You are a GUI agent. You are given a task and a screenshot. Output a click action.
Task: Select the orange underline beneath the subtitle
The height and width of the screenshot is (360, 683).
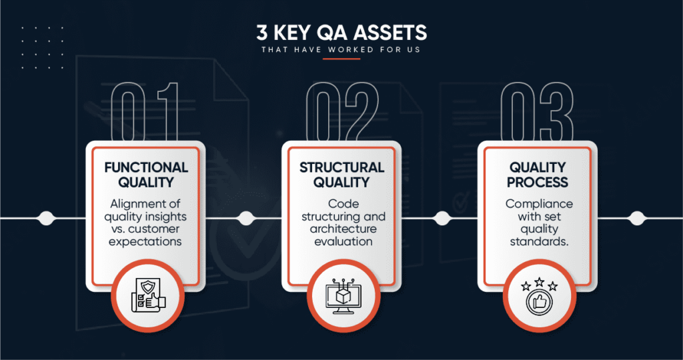pos(341,58)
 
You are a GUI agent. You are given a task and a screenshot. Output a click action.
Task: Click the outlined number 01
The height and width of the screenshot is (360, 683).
pos(145,112)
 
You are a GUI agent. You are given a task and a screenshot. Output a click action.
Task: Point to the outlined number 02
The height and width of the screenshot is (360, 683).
pos(342,112)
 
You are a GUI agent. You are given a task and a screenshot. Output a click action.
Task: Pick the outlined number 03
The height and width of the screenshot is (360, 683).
pos(537,112)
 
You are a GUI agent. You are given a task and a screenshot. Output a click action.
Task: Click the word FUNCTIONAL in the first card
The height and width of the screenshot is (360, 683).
pos(146,167)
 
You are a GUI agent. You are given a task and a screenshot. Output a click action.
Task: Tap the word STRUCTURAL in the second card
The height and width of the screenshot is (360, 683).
pos(341,167)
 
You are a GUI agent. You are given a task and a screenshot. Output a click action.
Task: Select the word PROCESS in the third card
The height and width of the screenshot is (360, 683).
pos(538,182)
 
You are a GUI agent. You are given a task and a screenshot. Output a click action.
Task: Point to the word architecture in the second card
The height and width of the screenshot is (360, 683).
pos(344,229)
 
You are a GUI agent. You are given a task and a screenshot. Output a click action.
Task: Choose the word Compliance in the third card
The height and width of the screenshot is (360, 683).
pos(539,204)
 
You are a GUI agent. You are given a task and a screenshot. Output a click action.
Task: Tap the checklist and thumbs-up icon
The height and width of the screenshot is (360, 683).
pos(148,295)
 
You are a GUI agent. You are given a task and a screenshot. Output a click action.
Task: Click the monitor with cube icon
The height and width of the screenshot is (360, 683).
pos(344,296)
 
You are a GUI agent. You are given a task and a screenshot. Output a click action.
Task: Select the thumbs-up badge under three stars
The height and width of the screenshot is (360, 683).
pos(539,302)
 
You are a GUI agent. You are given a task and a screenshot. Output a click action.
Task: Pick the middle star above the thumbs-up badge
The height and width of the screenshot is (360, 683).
pos(539,281)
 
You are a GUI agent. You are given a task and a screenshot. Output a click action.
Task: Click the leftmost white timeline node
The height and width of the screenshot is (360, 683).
pos(46,218)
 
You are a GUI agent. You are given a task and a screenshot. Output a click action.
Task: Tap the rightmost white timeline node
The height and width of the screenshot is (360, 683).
pos(637,218)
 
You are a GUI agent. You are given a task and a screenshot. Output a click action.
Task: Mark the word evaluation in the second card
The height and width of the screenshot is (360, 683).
pos(344,241)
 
